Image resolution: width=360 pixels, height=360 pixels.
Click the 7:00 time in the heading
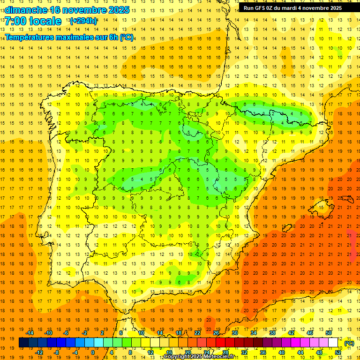(x=15, y=21)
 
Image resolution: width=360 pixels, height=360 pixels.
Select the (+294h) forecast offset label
(x=83, y=21)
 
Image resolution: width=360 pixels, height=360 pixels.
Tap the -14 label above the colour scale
(x=30, y=333)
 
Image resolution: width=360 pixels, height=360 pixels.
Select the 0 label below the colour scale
(x=92, y=352)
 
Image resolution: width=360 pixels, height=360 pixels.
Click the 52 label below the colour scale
(x=338, y=352)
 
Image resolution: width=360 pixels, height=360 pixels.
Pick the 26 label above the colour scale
(x=216, y=333)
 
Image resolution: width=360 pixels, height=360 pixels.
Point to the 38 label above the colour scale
(x=272, y=333)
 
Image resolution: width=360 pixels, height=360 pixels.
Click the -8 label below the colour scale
(x=56, y=352)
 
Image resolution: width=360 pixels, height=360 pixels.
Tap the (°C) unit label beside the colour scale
(x=349, y=343)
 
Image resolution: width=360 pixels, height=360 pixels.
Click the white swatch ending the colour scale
(x=333, y=343)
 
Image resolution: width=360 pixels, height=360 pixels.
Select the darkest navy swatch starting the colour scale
(x=23, y=343)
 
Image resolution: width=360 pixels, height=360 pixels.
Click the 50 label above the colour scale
(x=329, y=333)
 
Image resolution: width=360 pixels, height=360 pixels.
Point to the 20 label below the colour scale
(x=188, y=352)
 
